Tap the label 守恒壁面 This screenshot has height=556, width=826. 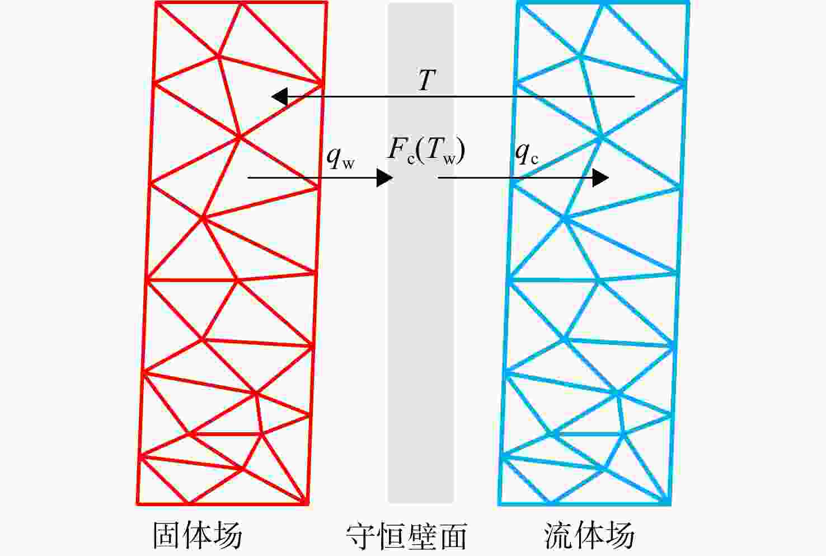tap(406, 536)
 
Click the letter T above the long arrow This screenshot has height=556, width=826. tap(427, 80)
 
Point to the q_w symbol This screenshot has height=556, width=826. tap(340, 157)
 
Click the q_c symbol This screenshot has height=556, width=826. tap(527, 154)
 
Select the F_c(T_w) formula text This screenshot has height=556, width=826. tap(426, 151)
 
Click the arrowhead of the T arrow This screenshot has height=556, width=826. tap(279, 97)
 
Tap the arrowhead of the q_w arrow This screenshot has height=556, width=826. tap(384, 178)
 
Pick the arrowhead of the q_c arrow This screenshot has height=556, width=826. tap(600, 178)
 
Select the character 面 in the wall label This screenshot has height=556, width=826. tap(453, 536)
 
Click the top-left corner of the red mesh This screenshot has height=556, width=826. tap(156, 3)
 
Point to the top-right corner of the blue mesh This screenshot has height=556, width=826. tap(688, 3)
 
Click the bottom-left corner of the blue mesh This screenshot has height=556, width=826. tap(500, 503)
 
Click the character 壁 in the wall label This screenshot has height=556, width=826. tap(422, 536)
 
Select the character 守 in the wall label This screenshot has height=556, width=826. tap(360, 536)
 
